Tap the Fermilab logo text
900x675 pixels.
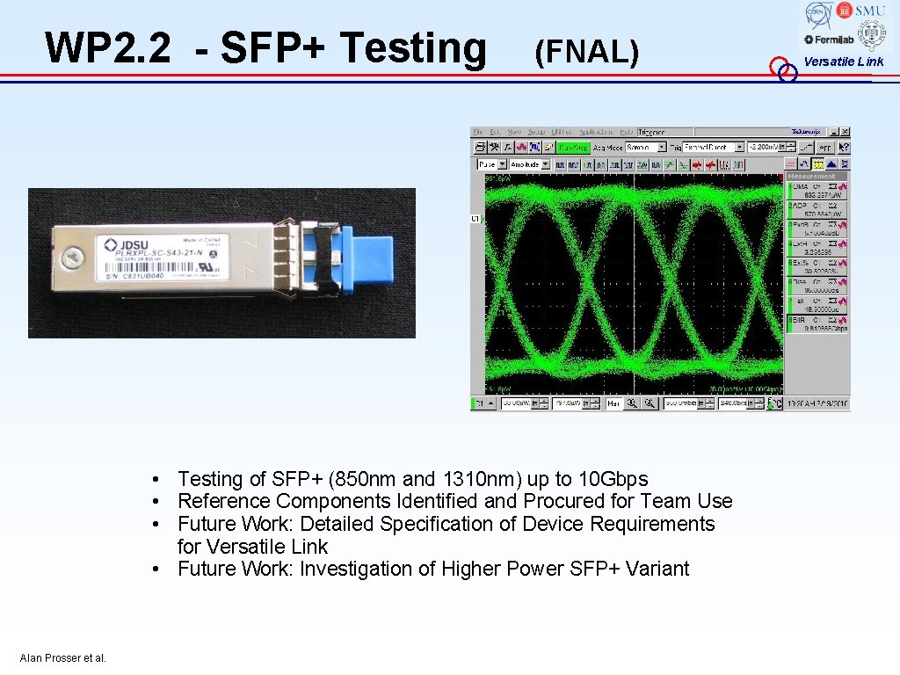[x=829, y=40]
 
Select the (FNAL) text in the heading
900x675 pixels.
[x=585, y=53]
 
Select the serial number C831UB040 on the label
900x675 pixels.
[x=132, y=276]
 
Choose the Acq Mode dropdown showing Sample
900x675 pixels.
[x=638, y=148]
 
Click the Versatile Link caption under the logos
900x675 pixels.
[x=843, y=62]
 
